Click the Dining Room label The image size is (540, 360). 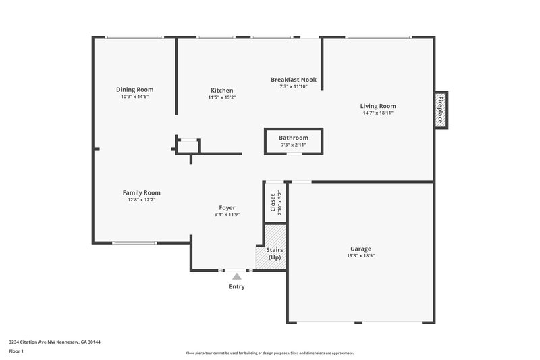point(135,90)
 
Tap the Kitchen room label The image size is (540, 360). point(222,91)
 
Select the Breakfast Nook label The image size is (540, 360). point(294,80)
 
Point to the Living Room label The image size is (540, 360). point(378,106)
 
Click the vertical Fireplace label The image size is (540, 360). point(441,109)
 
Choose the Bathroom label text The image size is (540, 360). point(294,138)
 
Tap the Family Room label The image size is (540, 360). point(141,192)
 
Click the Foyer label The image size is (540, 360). point(227,207)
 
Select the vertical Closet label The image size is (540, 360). point(273,202)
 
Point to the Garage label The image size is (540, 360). point(360,249)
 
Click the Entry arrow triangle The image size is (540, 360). point(236,276)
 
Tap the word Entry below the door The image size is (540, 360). point(236,286)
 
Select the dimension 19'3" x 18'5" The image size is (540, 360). point(360,256)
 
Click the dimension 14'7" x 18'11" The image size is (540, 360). point(378,113)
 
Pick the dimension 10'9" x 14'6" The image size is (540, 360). point(135,97)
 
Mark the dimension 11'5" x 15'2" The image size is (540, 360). point(222,97)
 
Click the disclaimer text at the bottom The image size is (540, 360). point(270,353)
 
